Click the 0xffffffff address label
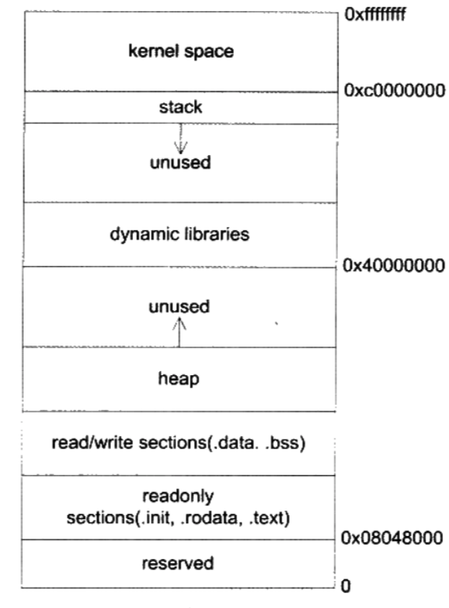coord(375,14)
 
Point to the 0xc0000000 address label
coord(395,91)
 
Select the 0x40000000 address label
coord(393,266)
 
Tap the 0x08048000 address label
coord(392,538)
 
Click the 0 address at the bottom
coord(346,586)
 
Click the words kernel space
coord(181,52)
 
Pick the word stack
coord(180,107)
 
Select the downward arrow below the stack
coord(180,138)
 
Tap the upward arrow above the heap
coord(180,332)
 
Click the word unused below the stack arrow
coord(180,163)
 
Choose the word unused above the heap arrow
coord(180,307)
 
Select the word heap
coord(179,379)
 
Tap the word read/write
coord(92,443)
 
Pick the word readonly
coord(178,497)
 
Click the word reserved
coord(178,564)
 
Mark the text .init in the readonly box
coord(156,518)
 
